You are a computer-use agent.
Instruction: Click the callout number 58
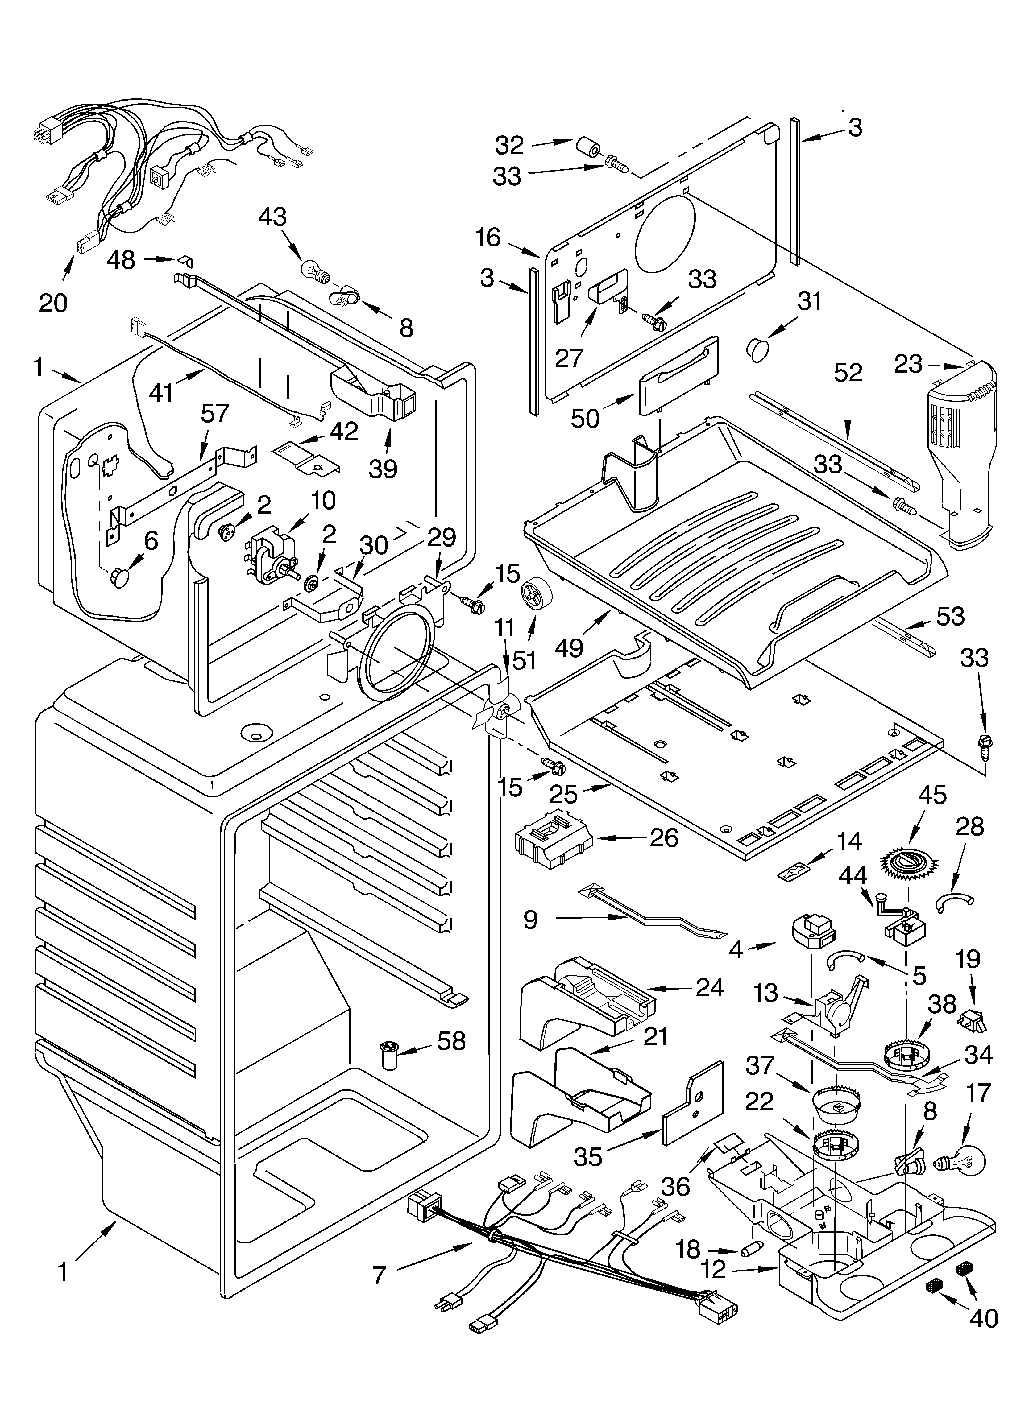(451, 1040)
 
